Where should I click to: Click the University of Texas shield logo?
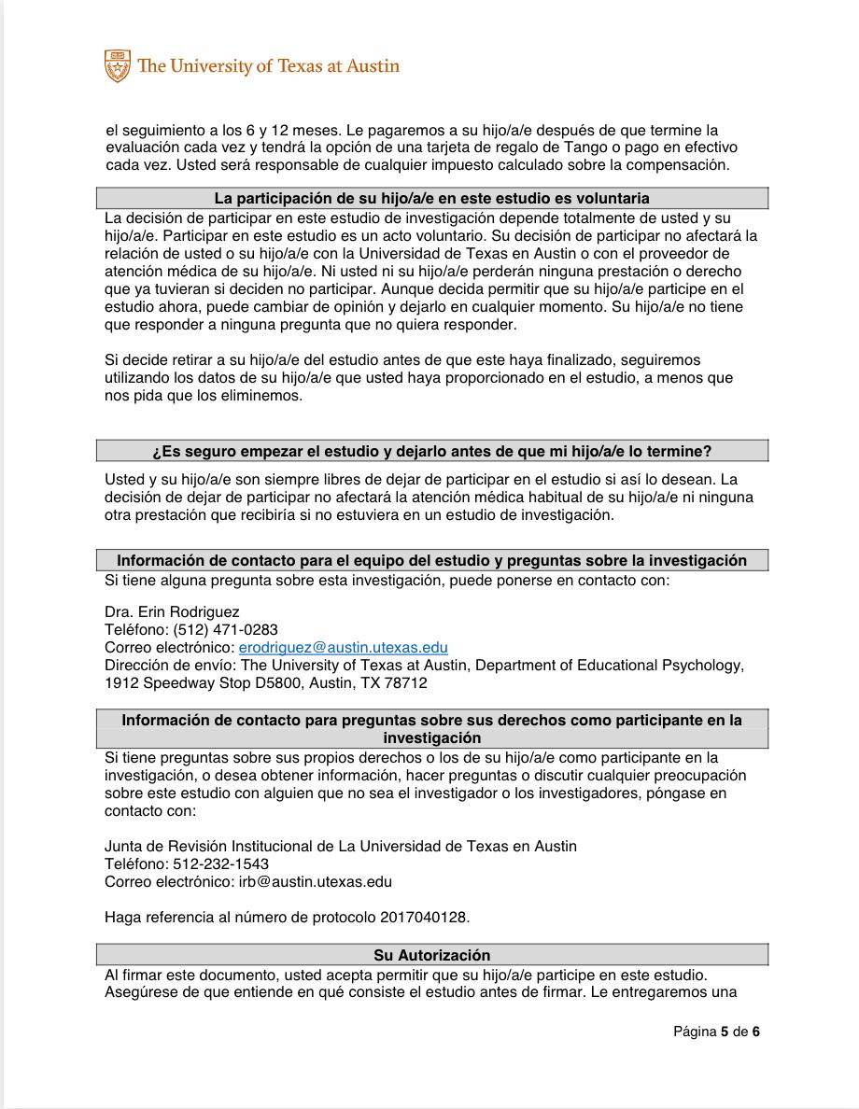117,65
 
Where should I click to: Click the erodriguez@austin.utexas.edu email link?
343,648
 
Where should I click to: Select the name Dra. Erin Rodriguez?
172,612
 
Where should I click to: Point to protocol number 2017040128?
424,917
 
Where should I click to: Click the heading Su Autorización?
431,955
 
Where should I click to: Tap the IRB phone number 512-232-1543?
220,864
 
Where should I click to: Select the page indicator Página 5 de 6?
716,1032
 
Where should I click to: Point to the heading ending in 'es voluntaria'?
431,199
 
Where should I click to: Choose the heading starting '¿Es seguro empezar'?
431,452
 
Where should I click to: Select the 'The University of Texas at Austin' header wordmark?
268,66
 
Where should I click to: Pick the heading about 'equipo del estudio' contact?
431,561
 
